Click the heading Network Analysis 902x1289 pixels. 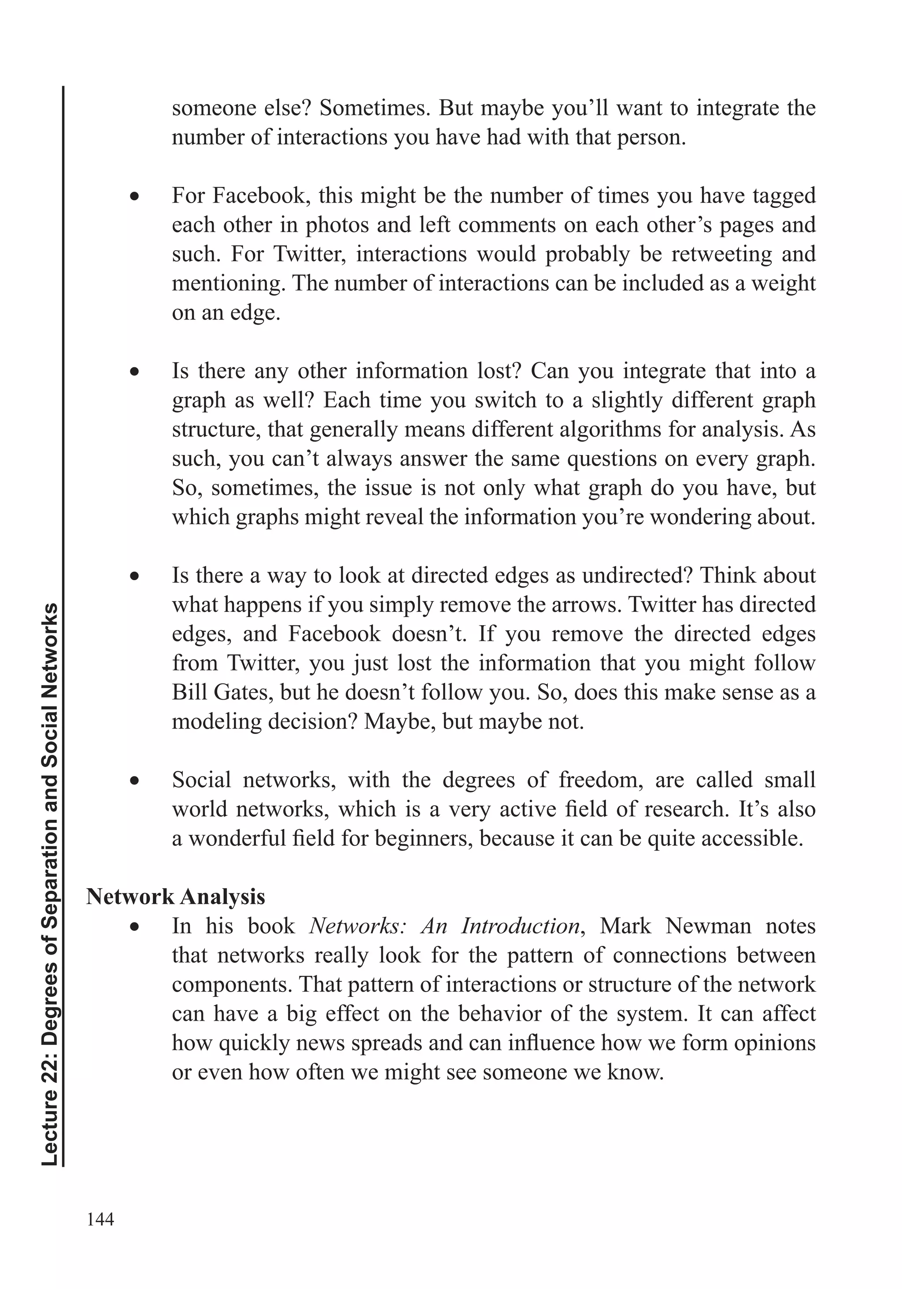tap(175, 896)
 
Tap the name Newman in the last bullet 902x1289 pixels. tap(708, 926)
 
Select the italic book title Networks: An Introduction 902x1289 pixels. tap(444, 926)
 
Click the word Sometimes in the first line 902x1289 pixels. tap(374, 108)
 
